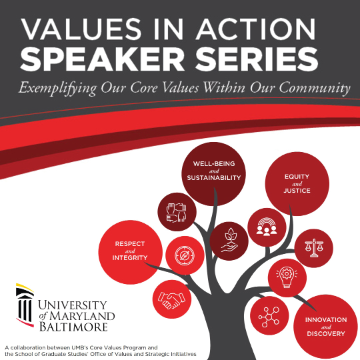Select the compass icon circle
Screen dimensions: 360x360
pos(182,255)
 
